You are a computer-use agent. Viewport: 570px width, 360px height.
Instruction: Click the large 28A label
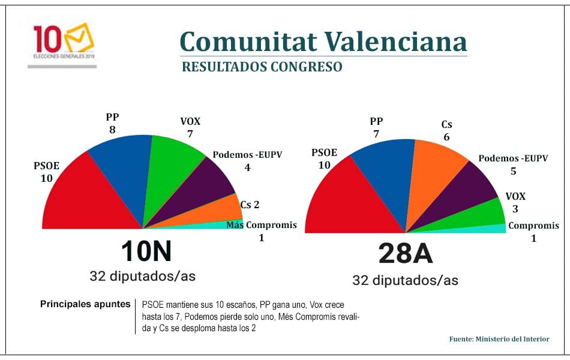(x=405, y=254)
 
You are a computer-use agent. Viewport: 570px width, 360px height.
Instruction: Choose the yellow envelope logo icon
(x=80, y=38)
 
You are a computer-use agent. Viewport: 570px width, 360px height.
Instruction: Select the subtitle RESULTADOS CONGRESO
(x=262, y=67)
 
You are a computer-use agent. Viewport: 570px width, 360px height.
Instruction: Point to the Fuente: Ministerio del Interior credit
(x=499, y=339)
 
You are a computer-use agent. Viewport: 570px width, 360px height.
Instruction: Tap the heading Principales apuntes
(x=85, y=304)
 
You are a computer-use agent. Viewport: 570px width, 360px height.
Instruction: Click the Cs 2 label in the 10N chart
(x=250, y=205)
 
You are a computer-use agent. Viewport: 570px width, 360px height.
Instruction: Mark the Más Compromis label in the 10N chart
(x=262, y=225)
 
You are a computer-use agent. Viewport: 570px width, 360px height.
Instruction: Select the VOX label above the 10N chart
(x=190, y=122)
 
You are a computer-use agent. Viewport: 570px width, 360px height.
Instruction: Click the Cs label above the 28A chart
(x=446, y=125)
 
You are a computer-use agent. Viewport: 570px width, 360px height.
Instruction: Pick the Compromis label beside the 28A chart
(x=533, y=226)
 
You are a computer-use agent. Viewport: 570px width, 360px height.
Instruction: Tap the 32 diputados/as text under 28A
(x=405, y=281)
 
